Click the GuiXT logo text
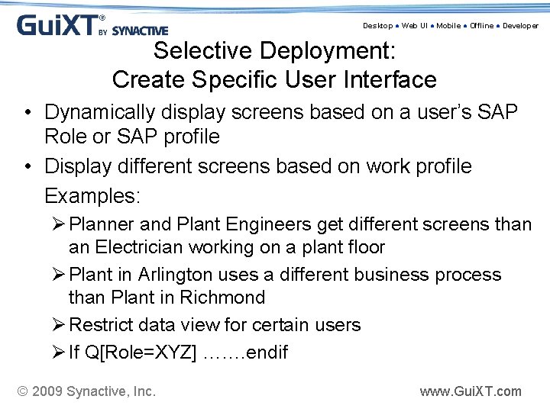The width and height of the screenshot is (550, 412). pyautogui.click(x=57, y=25)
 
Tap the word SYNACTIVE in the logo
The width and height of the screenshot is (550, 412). pyautogui.click(x=140, y=31)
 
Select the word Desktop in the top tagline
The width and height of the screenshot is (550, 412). pyautogui.click(x=377, y=26)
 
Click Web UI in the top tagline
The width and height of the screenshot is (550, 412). pyautogui.click(x=416, y=26)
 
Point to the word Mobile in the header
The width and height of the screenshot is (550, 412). pyautogui.click(x=448, y=26)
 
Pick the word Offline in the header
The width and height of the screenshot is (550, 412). pyautogui.click(x=481, y=26)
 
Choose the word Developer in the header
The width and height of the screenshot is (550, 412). pyautogui.click(x=520, y=26)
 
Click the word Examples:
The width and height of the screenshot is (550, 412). pyautogui.click(x=92, y=196)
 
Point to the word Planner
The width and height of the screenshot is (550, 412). pyautogui.click(x=102, y=224)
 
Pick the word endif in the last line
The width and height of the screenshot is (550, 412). pyautogui.click(x=262, y=352)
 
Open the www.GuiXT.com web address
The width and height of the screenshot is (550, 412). pyautogui.click(x=471, y=391)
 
